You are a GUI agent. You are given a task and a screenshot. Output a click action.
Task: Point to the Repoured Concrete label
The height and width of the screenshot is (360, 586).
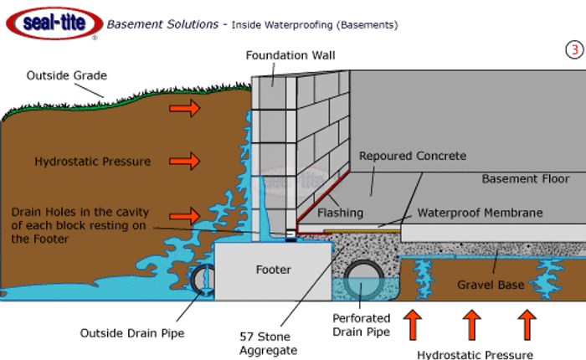[x=412, y=156]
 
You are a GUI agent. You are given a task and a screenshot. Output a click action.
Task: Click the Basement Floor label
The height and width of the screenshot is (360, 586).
[x=525, y=178]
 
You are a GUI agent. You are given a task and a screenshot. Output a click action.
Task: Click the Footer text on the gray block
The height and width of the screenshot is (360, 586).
[x=273, y=270]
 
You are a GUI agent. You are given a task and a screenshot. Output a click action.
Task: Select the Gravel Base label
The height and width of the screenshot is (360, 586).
[x=490, y=285]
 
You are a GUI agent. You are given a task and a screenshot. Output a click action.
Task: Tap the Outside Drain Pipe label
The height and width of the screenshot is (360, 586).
[x=132, y=333]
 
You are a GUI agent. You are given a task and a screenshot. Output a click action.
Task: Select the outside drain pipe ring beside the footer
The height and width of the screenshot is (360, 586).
[x=203, y=280]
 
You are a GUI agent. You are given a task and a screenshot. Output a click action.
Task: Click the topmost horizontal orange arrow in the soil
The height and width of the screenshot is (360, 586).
[x=187, y=107]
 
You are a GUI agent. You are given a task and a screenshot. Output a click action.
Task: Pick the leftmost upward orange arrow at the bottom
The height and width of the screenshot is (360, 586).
[x=411, y=324]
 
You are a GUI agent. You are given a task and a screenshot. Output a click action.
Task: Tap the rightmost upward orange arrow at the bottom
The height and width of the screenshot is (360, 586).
[x=527, y=324]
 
